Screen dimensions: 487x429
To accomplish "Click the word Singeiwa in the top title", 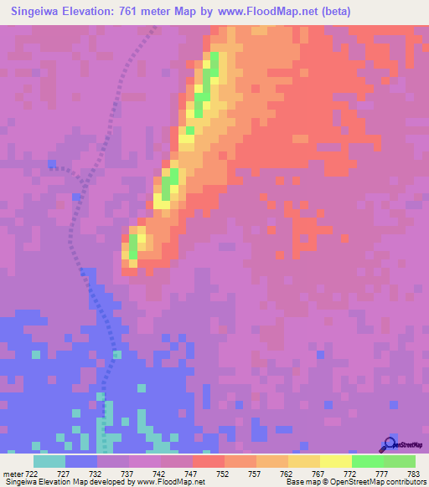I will pyautogui.click(x=39, y=12).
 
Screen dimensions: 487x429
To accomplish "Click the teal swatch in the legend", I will pyautogui.click(x=49, y=461).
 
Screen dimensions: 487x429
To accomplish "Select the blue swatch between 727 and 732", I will pyautogui.click(x=81, y=461).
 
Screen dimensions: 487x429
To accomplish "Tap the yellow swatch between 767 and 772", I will pyautogui.click(x=336, y=461).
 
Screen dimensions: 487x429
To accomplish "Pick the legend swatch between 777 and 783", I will pyautogui.click(x=400, y=461).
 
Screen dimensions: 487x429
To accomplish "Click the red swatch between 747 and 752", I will pyautogui.click(x=209, y=461).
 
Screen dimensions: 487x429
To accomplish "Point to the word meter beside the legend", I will pyautogui.click(x=13, y=474).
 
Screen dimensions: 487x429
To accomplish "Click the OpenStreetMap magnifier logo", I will pyautogui.click(x=390, y=443).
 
